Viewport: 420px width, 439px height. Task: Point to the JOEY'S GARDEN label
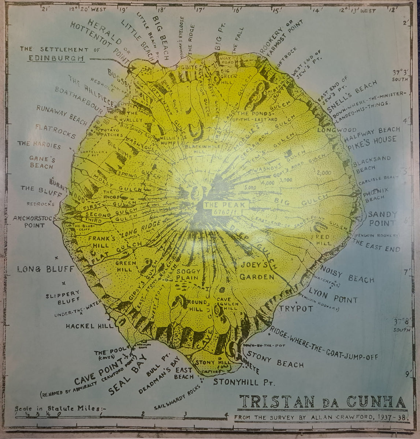coord(257,271)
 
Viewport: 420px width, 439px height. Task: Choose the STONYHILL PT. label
coord(244,382)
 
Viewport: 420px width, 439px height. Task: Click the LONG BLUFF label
coord(45,270)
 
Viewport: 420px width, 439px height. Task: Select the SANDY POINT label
coord(382,218)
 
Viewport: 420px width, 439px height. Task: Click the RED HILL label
coord(323,240)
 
